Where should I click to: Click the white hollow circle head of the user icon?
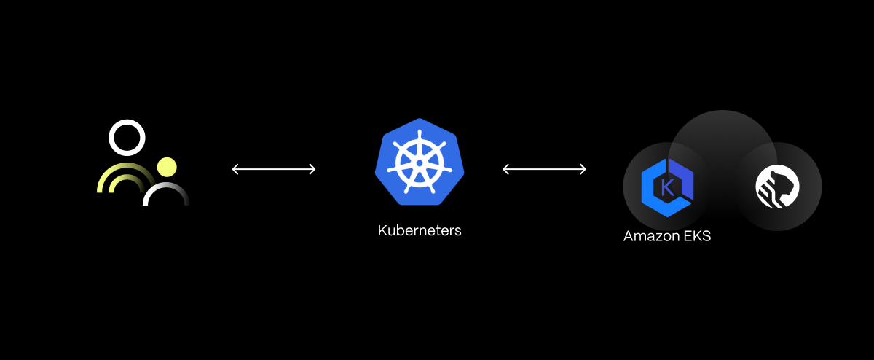pos(127,138)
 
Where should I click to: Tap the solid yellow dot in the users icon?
pos(168,167)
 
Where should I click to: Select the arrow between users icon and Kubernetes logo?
pos(274,169)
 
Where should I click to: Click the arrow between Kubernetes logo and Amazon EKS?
pos(545,169)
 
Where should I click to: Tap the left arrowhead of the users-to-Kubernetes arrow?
pos(235,169)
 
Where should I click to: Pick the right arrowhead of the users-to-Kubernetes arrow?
pos(312,169)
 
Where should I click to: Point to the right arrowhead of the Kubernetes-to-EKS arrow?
pos(583,169)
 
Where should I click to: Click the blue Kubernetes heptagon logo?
pos(420,162)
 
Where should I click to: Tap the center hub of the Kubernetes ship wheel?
pos(420,163)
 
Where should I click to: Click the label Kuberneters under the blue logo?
pos(420,231)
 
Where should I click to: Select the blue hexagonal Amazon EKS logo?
pos(667,187)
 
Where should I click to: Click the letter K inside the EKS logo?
pos(666,187)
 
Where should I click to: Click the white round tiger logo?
pos(777,187)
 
